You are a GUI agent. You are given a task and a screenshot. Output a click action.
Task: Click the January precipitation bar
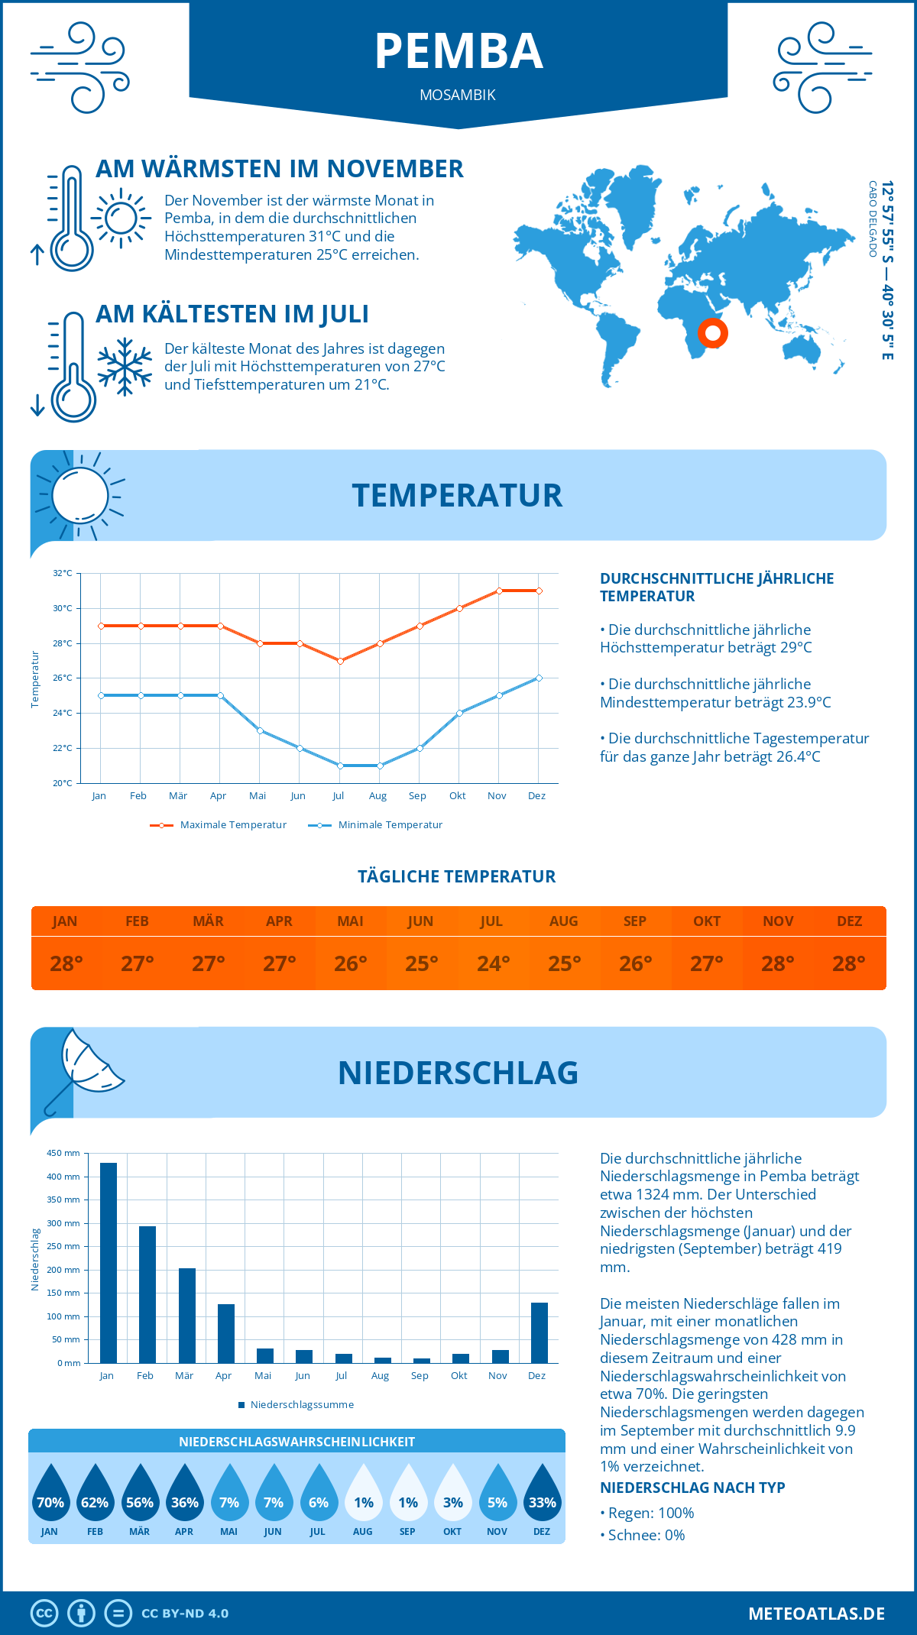pos(109,1262)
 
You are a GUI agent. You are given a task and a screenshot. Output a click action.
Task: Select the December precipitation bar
pos(540,1332)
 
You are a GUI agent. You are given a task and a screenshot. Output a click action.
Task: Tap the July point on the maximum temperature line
pos(340,661)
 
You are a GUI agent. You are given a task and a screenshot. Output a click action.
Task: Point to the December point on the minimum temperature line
pos(539,678)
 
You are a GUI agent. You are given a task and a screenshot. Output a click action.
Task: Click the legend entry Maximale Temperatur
pos(219,825)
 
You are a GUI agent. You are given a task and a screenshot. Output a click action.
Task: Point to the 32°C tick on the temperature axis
pos(63,573)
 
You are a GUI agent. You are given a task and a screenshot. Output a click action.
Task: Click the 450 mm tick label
pos(64,1153)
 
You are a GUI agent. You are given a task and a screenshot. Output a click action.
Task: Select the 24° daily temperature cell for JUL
pos(493,963)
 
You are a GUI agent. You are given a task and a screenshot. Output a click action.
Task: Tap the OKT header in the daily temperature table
pos(707,921)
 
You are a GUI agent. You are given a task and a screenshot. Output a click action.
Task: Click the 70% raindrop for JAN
pos(50,1494)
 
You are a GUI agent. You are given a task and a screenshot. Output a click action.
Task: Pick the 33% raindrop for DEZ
pos(542,1494)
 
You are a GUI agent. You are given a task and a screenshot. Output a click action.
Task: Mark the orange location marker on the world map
pos(713,333)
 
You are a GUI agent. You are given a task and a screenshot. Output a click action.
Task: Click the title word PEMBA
pos(458,52)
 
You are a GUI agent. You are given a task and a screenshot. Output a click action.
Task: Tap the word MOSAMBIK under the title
pos(458,95)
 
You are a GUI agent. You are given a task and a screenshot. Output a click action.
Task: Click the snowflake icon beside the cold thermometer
pos(125,367)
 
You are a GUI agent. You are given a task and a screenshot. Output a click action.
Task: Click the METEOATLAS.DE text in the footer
pos(816,1614)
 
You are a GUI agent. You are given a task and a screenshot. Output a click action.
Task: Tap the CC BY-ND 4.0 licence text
pos(185,1614)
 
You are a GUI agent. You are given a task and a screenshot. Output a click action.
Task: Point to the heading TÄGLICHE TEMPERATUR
pos(457,876)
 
